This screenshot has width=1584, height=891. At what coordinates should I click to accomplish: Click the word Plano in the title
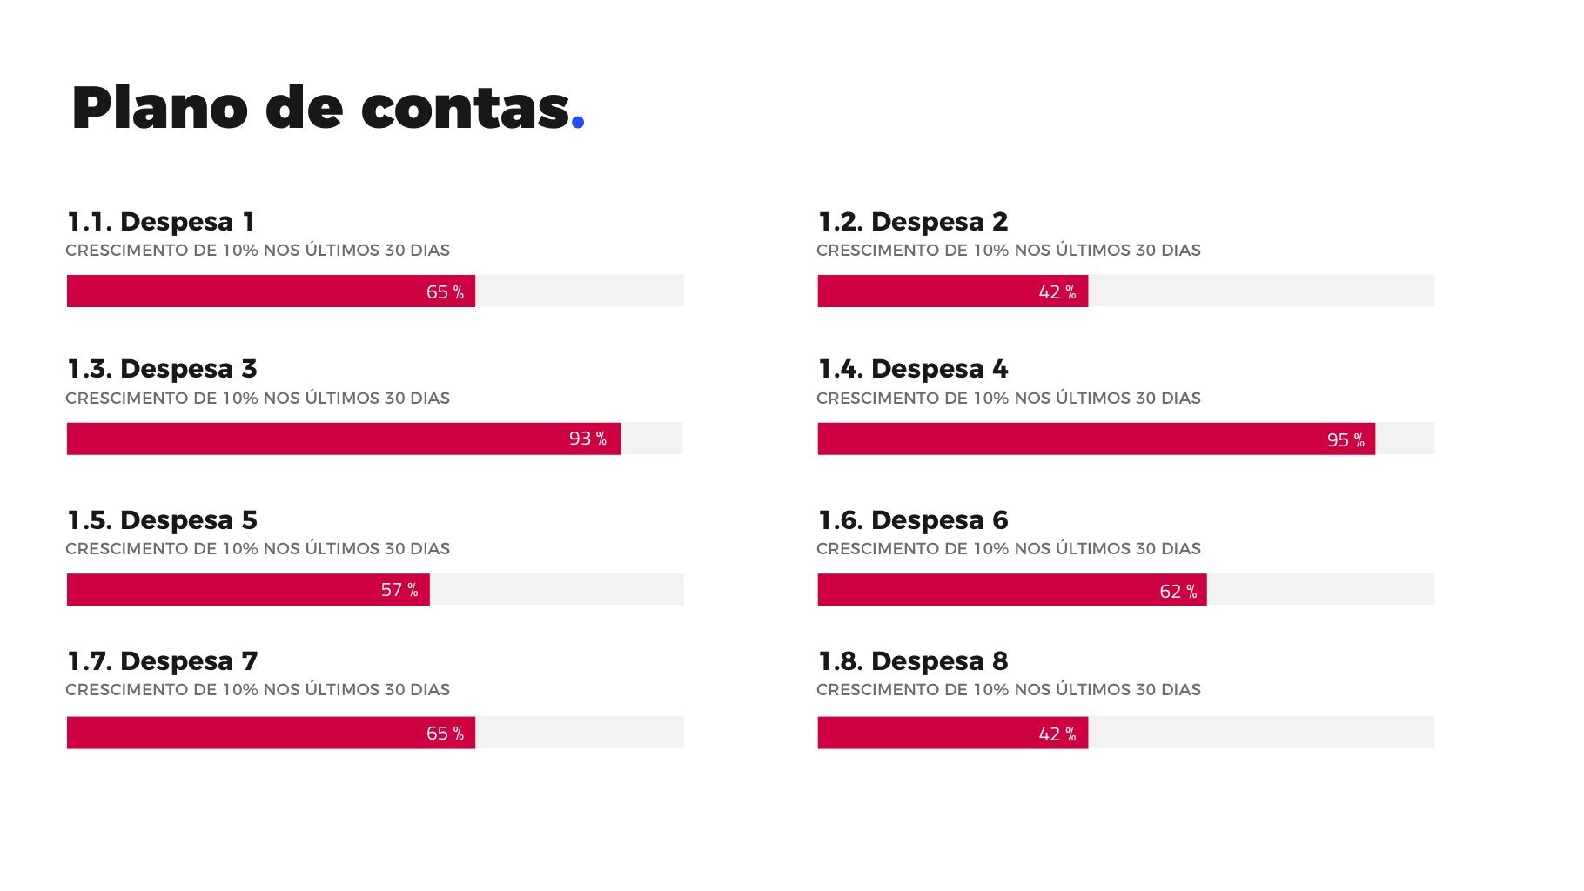tap(159, 109)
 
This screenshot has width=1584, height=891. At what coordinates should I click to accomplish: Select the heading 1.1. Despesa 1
tap(161, 222)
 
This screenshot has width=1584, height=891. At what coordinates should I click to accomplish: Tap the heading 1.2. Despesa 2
tap(912, 222)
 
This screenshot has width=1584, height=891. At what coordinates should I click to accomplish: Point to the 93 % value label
tap(587, 439)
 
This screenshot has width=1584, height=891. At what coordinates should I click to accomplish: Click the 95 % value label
tap(1346, 440)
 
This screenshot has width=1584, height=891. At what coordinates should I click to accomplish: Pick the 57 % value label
tap(399, 590)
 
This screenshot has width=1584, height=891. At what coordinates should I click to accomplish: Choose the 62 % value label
tap(1178, 592)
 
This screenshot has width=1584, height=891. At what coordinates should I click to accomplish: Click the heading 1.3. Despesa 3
tap(162, 369)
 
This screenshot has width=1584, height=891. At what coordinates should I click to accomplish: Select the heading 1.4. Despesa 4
tap(912, 369)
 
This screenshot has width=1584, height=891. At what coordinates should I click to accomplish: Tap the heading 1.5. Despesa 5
tap(162, 520)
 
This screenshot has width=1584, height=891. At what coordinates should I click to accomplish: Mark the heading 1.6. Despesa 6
tap(912, 520)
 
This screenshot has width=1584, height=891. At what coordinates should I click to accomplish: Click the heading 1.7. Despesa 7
tap(162, 661)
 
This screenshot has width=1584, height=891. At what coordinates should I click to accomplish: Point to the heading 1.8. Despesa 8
tap(912, 661)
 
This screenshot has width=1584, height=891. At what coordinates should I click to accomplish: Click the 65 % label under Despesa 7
tap(445, 734)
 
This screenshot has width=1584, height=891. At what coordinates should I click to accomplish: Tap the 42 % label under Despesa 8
tap(1057, 734)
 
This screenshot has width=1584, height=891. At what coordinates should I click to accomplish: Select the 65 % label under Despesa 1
tap(445, 292)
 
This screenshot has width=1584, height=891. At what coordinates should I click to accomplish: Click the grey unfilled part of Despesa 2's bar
tap(1260, 291)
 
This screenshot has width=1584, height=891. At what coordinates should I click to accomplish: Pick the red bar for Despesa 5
tap(218, 590)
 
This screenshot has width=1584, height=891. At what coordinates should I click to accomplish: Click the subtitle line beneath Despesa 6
tap(1008, 549)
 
